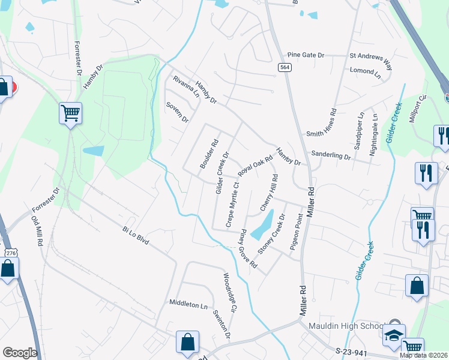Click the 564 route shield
click(x=285, y=67)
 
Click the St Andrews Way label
click(x=371, y=55)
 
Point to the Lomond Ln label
click(x=366, y=73)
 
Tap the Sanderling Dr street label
click(x=331, y=156)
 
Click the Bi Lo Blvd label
click(x=135, y=235)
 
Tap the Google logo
click(x=20, y=353)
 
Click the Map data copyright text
click(x=423, y=355)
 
